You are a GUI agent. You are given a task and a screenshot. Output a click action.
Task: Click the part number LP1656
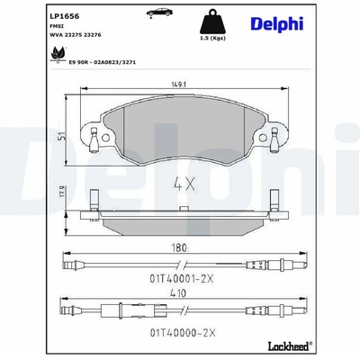64,16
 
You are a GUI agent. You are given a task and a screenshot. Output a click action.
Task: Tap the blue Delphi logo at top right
277,24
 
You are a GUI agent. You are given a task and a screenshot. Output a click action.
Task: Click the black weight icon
212,22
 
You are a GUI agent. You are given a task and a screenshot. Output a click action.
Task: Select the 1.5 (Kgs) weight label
212,38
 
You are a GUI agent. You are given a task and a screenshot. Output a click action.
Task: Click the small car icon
159,13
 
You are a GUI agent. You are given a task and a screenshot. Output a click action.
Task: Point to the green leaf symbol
57,55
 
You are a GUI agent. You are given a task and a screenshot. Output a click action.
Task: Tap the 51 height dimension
61,137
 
